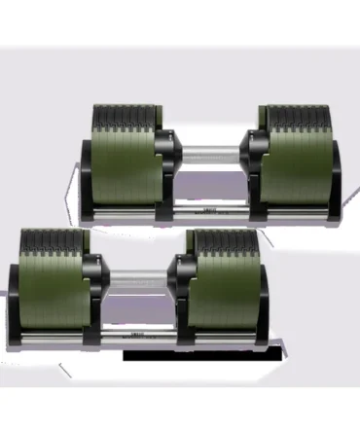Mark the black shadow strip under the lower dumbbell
click(x=204, y=354)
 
